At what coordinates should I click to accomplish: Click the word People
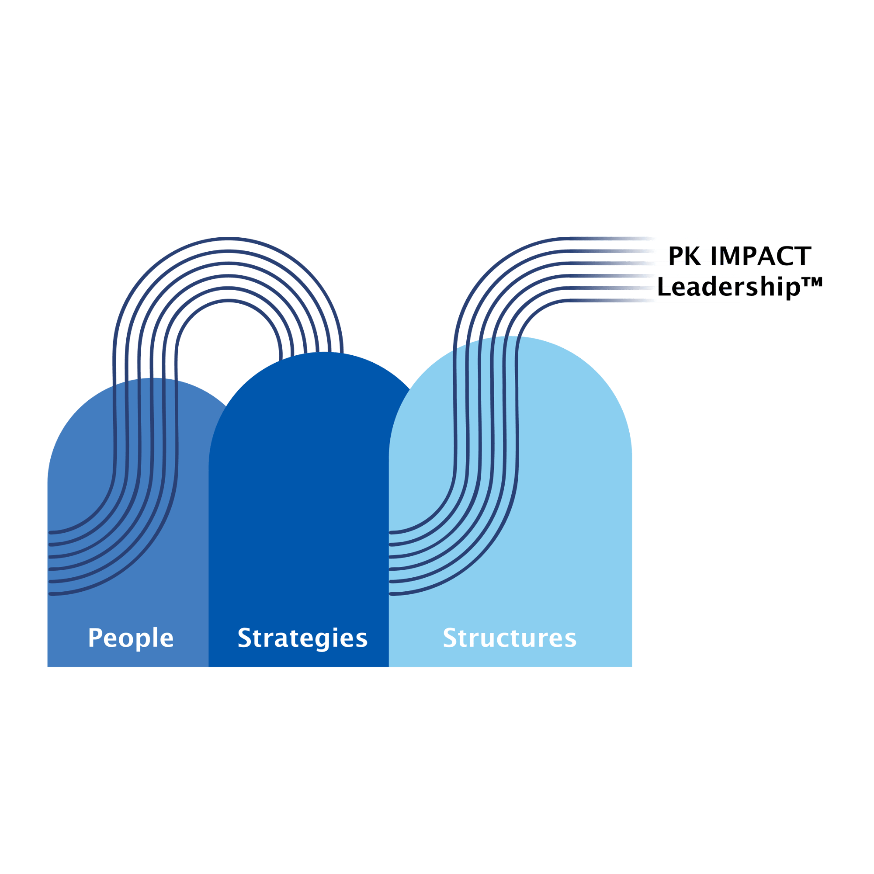[x=131, y=639]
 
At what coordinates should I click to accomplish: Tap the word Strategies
[x=303, y=639]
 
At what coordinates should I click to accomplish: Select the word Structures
[x=510, y=638]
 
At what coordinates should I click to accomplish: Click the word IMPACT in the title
[x=761, y=256]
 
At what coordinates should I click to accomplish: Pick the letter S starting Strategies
[x=245, y=638]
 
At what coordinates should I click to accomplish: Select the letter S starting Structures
[x=450, y=638]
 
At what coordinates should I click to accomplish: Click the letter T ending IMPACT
[x=804, y=256]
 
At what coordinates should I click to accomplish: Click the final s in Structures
[x=571, y=641]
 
